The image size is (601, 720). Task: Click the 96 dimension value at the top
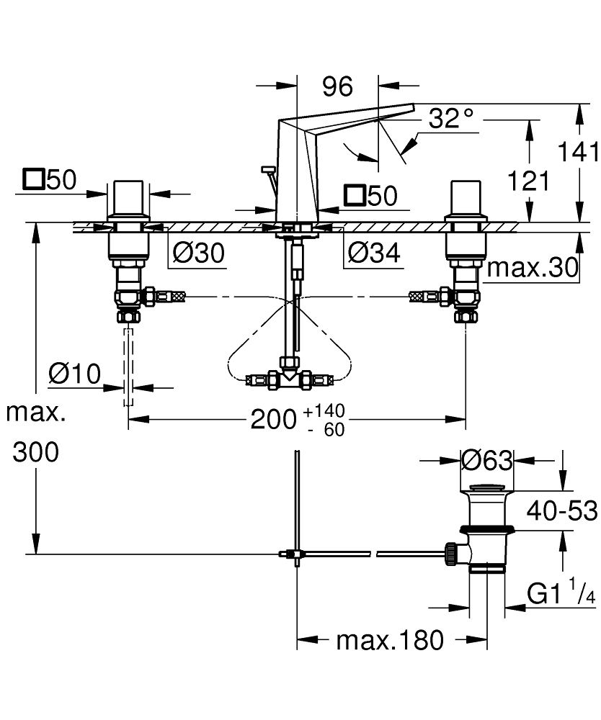[x=337, y=87]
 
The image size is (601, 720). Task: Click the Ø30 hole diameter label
[x=200, y=253]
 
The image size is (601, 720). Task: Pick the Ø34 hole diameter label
[x=373, y=253]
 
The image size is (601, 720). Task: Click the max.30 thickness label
[x=533, y=269]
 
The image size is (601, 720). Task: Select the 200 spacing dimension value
[x=274, y=419]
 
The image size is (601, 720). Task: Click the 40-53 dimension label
[x=561, y=511]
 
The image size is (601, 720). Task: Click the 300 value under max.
[x=36, y=453]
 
